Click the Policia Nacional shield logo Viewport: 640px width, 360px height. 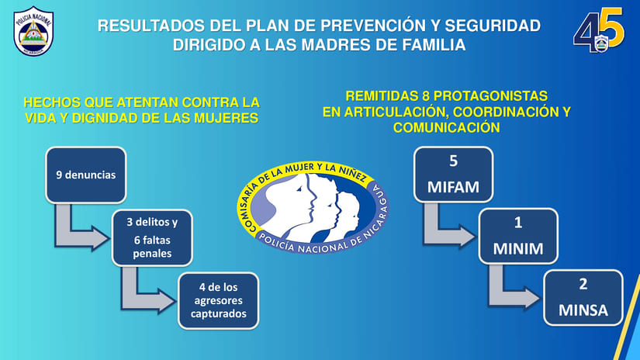point(33,31)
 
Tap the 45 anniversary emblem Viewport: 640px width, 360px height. point(599,30)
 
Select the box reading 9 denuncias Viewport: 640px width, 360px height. point(85,175)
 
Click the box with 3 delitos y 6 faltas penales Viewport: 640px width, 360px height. point(152,238)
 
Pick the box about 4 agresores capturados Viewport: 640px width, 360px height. point(218,301)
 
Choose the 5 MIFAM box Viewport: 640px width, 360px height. point(454,175)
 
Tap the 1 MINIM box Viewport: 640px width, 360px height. point(518,237)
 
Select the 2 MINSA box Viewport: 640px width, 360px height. point(583,298)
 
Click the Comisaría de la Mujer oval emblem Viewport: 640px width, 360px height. point(313,207)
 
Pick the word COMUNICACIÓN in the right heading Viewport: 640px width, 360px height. point(447,127)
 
